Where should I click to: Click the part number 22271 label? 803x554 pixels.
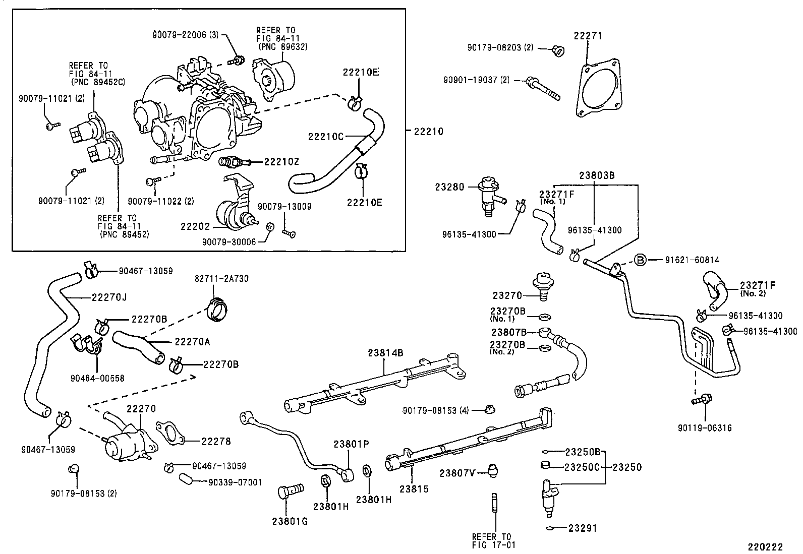click(x=588, y=36)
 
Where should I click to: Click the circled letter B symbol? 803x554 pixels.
click(x=640, y=260)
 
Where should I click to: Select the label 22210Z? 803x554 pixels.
click(x=281, y=161)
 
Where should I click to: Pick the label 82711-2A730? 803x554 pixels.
click(x=222, y=279)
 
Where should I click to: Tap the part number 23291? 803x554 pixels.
click(x=583, y=528)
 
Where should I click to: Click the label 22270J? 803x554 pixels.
click(x=109, y=297)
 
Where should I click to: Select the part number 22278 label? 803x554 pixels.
click(x=216, y=441)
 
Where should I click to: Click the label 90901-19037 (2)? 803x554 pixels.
click(x=477, y=80)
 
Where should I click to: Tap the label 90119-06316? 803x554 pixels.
click(x=705, y=428)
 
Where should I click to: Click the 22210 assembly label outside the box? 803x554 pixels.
click(x=428, y=132)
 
